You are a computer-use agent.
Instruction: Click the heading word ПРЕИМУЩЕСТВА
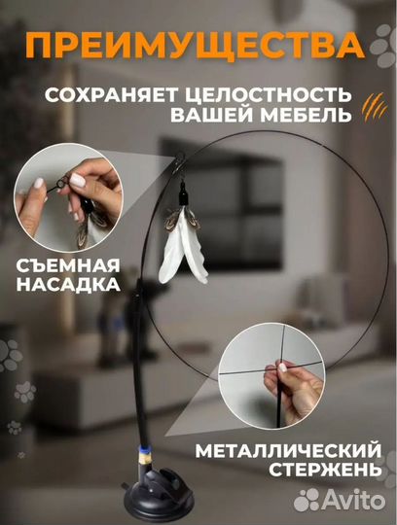point(198,46)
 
